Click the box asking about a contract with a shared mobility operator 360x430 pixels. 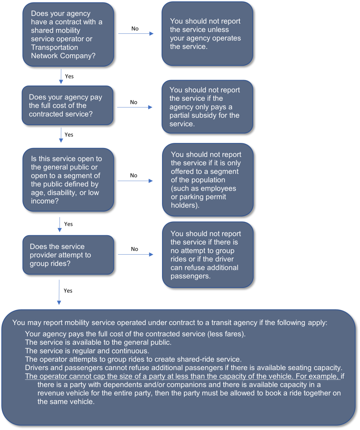pos(68,34)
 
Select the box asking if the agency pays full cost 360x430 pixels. pos(68,105)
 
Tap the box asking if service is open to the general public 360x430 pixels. pos(68,180)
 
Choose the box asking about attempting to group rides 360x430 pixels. pos(68,255)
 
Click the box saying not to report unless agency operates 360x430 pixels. pos(207,34)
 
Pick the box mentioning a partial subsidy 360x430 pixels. pos(207,107)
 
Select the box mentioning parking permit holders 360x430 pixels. pos(207,180)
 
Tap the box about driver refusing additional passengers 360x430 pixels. pos(207,255)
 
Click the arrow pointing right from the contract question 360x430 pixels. pos(136,33)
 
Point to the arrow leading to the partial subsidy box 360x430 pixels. pos(135,107)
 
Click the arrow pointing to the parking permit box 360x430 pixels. pos(135,181)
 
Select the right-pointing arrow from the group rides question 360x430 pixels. pos(135,255)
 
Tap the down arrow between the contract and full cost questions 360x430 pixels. pos(61,76)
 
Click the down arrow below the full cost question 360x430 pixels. pos(61,135)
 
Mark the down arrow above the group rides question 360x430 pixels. pos(60,225)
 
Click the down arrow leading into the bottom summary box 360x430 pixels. pos(59,292)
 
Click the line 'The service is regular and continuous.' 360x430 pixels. pos(87,351)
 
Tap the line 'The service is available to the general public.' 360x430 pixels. pos(98,342)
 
